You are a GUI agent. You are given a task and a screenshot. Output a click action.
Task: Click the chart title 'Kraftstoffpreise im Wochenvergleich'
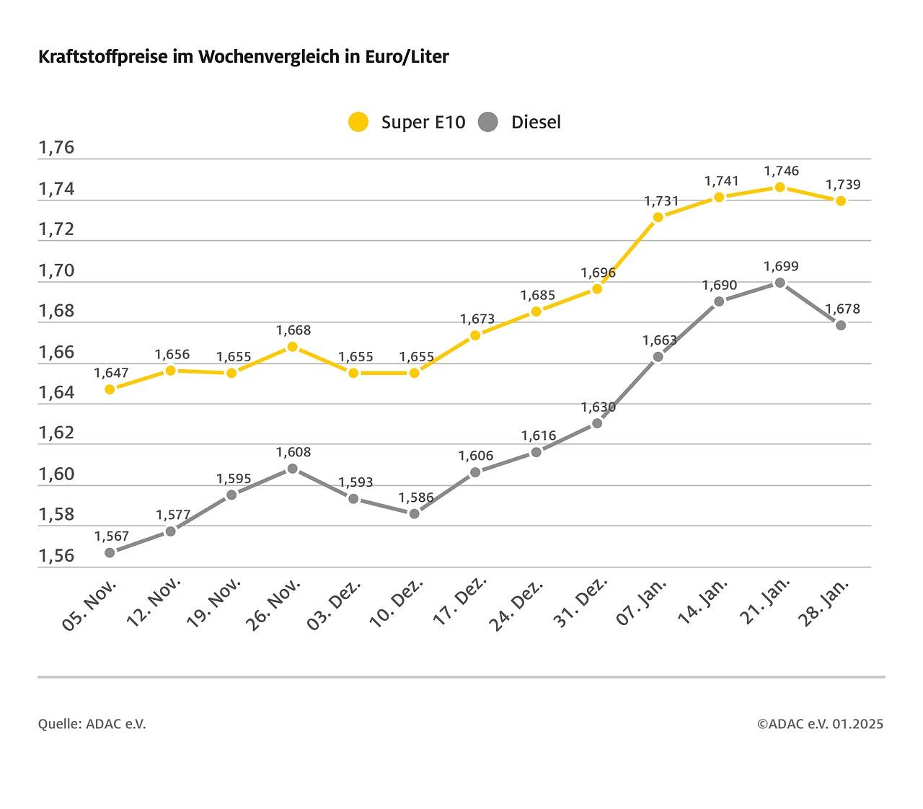(243, 57)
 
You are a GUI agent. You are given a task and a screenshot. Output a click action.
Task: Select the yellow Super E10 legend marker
(358, 122)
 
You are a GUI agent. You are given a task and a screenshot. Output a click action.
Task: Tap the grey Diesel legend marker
(488, 122)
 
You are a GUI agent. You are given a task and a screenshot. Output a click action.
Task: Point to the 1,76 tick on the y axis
(56, 148)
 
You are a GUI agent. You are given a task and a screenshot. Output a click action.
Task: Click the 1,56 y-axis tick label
(56, 556)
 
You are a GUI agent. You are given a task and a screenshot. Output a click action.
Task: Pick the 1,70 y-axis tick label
(56, 270)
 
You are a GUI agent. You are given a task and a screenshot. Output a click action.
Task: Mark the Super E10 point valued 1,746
(780, 187)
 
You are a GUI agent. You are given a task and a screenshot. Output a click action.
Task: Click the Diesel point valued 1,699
(780, 283)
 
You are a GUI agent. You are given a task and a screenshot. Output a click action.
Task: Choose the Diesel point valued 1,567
(110, 552)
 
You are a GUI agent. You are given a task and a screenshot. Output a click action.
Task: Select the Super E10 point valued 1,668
(292, 347)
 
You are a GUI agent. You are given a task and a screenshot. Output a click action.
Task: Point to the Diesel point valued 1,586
(414, 513)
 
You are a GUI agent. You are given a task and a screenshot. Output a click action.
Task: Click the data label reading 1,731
(661, 201)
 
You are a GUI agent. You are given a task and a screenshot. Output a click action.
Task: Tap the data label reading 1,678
(843, 309)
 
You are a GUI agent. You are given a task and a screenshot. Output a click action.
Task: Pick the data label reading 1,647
(111, 373)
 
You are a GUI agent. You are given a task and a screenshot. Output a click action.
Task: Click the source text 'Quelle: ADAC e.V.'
(92, 724)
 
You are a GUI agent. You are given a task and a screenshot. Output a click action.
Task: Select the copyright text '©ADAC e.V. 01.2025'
(820, 724)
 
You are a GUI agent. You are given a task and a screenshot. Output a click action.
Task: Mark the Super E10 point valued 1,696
(597, 288)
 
